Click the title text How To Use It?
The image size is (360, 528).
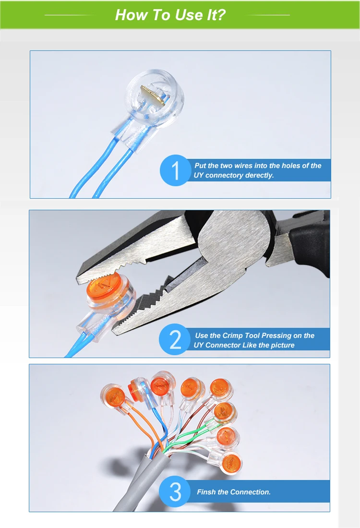170,14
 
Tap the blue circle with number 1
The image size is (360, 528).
175,170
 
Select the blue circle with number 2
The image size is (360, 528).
175,339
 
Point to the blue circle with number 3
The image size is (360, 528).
175,492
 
